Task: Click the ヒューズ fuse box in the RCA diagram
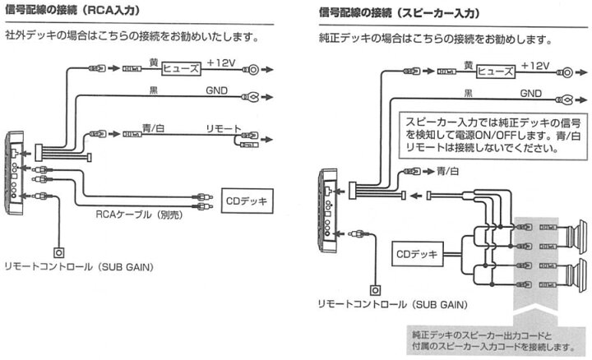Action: click(181, 69)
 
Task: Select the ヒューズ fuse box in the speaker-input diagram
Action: click(496, 72)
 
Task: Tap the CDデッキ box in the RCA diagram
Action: click(247, 201)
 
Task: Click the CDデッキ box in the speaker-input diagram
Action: click(418, 254)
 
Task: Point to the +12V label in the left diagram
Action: click(221, 62)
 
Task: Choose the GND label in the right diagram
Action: click(531, 93)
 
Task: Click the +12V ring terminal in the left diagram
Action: click(252, 69)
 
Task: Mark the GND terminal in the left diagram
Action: click(251, 97)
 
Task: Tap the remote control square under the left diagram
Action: click(58, 252)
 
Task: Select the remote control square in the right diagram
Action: click(375, 290)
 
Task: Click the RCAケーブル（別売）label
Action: click(139, 215)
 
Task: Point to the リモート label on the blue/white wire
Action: click(224, 129)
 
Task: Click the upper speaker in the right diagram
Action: click(576, 236)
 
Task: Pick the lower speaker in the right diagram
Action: click(576, 275)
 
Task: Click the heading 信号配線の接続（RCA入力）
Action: click(72, 10)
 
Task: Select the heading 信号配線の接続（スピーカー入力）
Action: click(400, 13)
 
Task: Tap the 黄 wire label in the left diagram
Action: click(154, 62)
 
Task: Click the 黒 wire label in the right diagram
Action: click(468, 93)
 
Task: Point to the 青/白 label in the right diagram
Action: click(448, 171)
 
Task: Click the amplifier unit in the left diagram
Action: click(15, 173)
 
